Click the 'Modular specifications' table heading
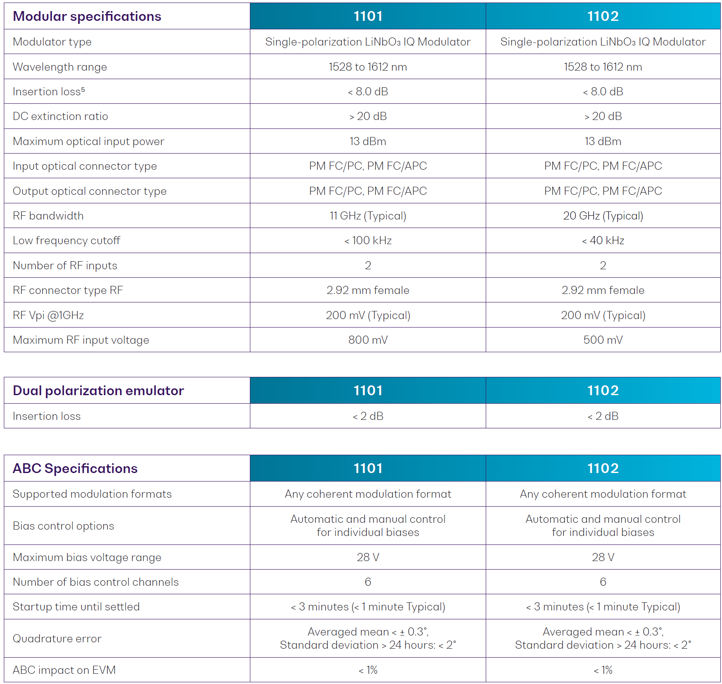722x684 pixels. pos(87,16)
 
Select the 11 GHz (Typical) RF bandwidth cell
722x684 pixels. pos(368,216)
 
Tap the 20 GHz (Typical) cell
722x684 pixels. pos(603,216)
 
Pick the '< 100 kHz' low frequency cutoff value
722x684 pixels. pos(368,240)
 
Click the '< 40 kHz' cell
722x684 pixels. pos(603,240)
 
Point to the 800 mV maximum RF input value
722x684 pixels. pos(368,340)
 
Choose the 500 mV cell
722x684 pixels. pos(603,340)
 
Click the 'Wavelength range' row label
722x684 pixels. pos(60,67)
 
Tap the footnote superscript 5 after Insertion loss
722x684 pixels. pos(83,89)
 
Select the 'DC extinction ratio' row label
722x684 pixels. pos(60,116)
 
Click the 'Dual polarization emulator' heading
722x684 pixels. pos(98,390)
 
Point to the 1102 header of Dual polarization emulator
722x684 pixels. pos(603,390)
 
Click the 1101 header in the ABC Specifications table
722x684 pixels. pos(368,468)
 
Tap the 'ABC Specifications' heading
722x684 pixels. pos(75,468)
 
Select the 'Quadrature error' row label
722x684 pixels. pos(57,638)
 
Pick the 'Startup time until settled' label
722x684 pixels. pos(76,607)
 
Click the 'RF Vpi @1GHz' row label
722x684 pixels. pos(48,315)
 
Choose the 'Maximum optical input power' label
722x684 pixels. pos(88,141)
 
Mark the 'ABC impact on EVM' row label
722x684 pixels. pos(64,670)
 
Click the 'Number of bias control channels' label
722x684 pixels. pos(95,582)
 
